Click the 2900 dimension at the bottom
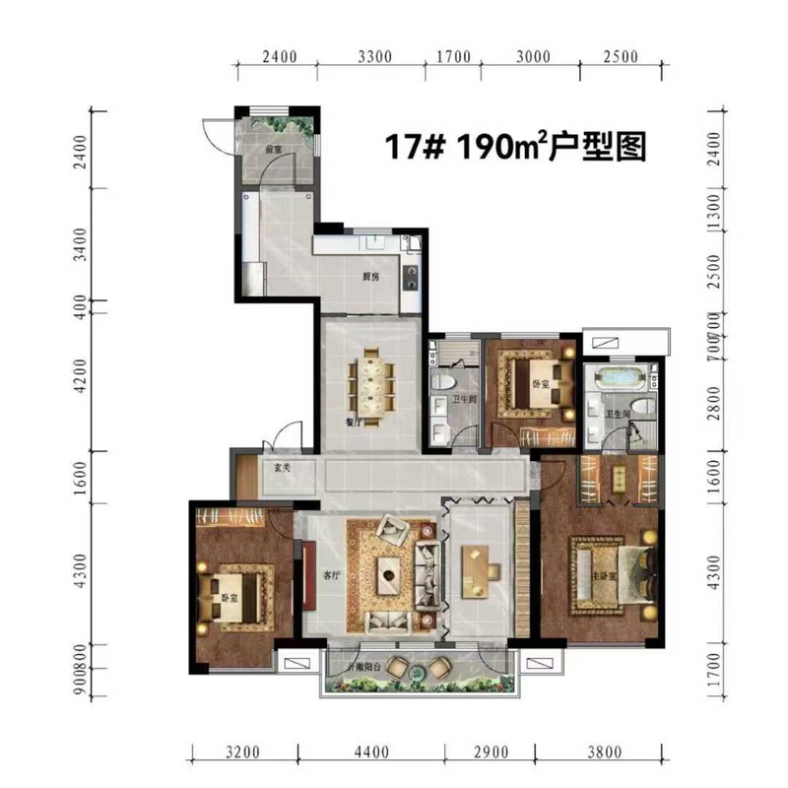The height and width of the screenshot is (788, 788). tap(490, 754)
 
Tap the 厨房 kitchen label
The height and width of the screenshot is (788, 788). tap(371, 276)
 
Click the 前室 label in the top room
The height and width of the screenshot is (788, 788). tap(273, 149)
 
